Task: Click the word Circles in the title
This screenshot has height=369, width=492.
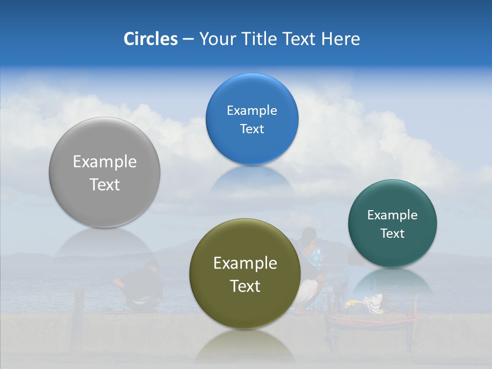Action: [151, 39]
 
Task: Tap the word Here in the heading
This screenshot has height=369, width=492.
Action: [340, 39]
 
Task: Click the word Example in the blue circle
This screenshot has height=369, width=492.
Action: [252, 111]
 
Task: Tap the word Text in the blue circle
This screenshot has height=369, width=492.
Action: [252, 129]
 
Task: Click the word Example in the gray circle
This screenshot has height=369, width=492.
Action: [105, 162]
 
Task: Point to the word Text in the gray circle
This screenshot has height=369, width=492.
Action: [105, 184]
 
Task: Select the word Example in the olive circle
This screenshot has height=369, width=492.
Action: [245, 263]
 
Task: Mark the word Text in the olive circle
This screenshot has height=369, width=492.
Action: [245, 286]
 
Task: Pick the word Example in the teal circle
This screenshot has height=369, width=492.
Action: [393, 215]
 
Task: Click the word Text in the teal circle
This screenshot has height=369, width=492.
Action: [393, 234]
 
